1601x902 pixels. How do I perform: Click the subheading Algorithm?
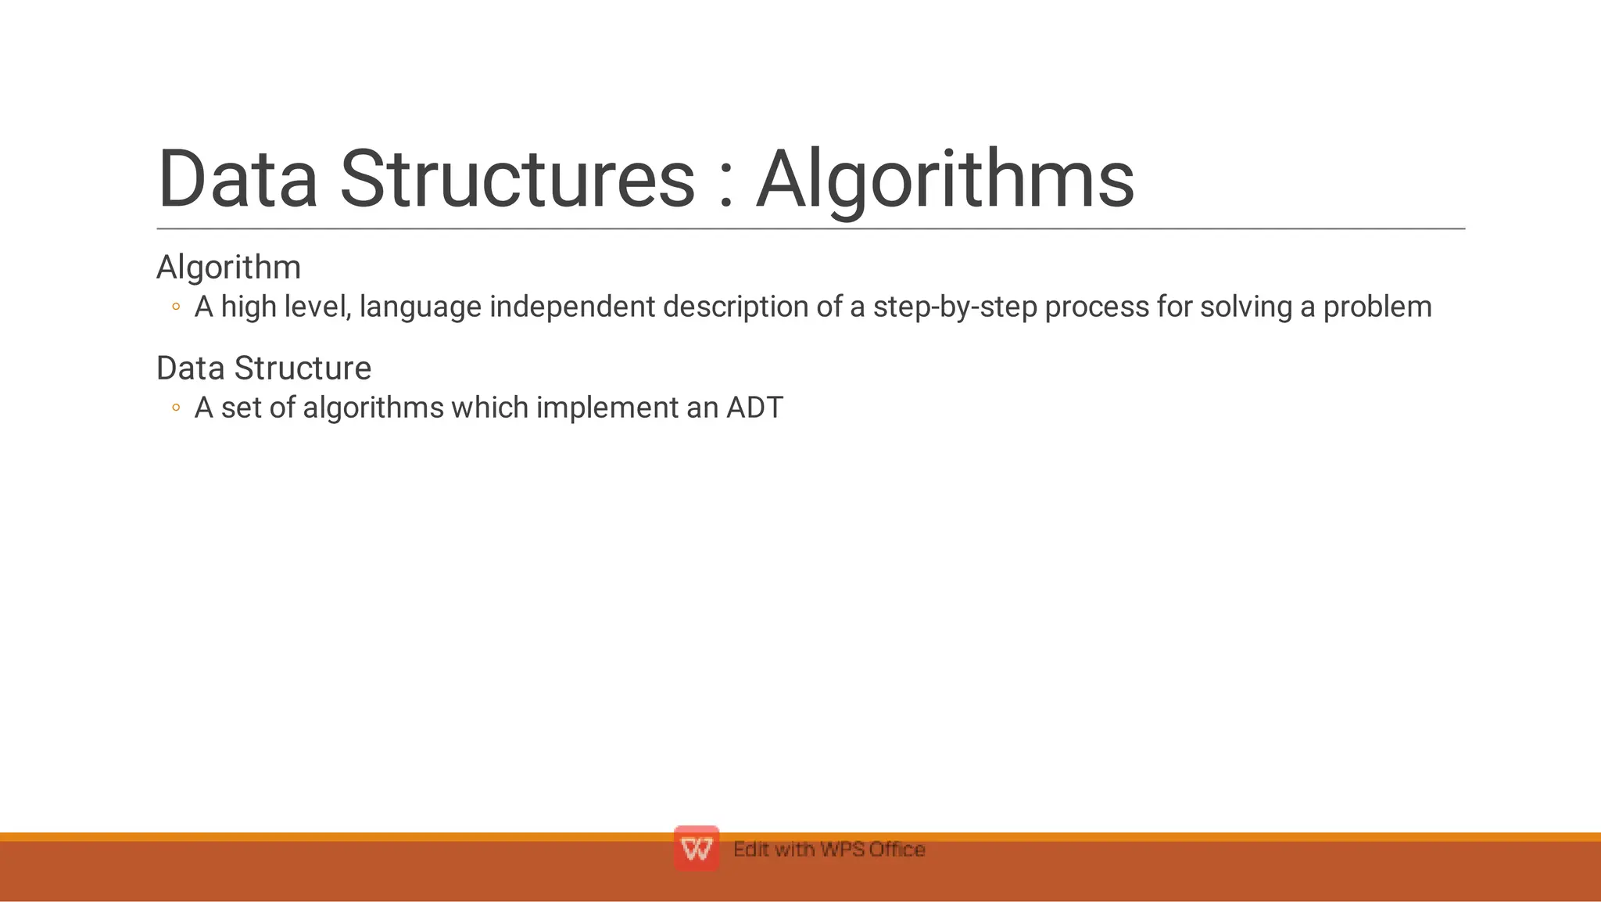click(x=228, y=268)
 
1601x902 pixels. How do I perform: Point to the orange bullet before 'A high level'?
click(x=176, y=307)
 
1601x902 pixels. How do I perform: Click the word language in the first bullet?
click(x=420, y=307)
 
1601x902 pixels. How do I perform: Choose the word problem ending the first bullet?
click(x=1377, y=307)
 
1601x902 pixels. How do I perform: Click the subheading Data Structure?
click(x=263, y=368)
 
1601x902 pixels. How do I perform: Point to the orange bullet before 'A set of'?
click(x=176, y=408)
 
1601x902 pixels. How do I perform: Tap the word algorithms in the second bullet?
click(x=373, y=408)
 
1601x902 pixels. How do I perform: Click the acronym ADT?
click(x=754, y=408)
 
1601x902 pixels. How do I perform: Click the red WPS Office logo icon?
click(x=696, y=849)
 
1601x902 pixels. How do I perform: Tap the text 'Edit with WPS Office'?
click(x=829, y=850)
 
